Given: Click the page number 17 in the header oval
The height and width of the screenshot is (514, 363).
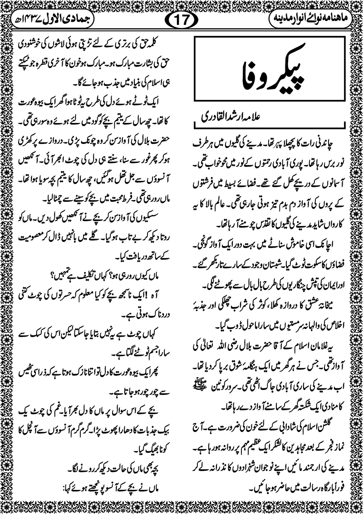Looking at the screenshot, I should coord(181,20).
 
